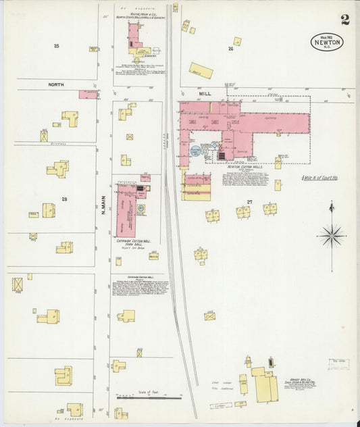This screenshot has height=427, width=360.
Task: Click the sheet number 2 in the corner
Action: click(345, 20)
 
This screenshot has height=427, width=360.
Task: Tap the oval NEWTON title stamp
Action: click(328, 42)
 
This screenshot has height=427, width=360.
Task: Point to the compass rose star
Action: click(331, 236)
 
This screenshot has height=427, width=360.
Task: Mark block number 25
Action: click(57, 45)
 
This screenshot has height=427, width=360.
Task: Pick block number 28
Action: click(64, 199)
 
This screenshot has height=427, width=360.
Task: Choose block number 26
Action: click(230, 49)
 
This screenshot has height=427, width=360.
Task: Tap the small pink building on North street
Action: click(88, 95)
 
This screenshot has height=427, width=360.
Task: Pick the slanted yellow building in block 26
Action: click(201, 70)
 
